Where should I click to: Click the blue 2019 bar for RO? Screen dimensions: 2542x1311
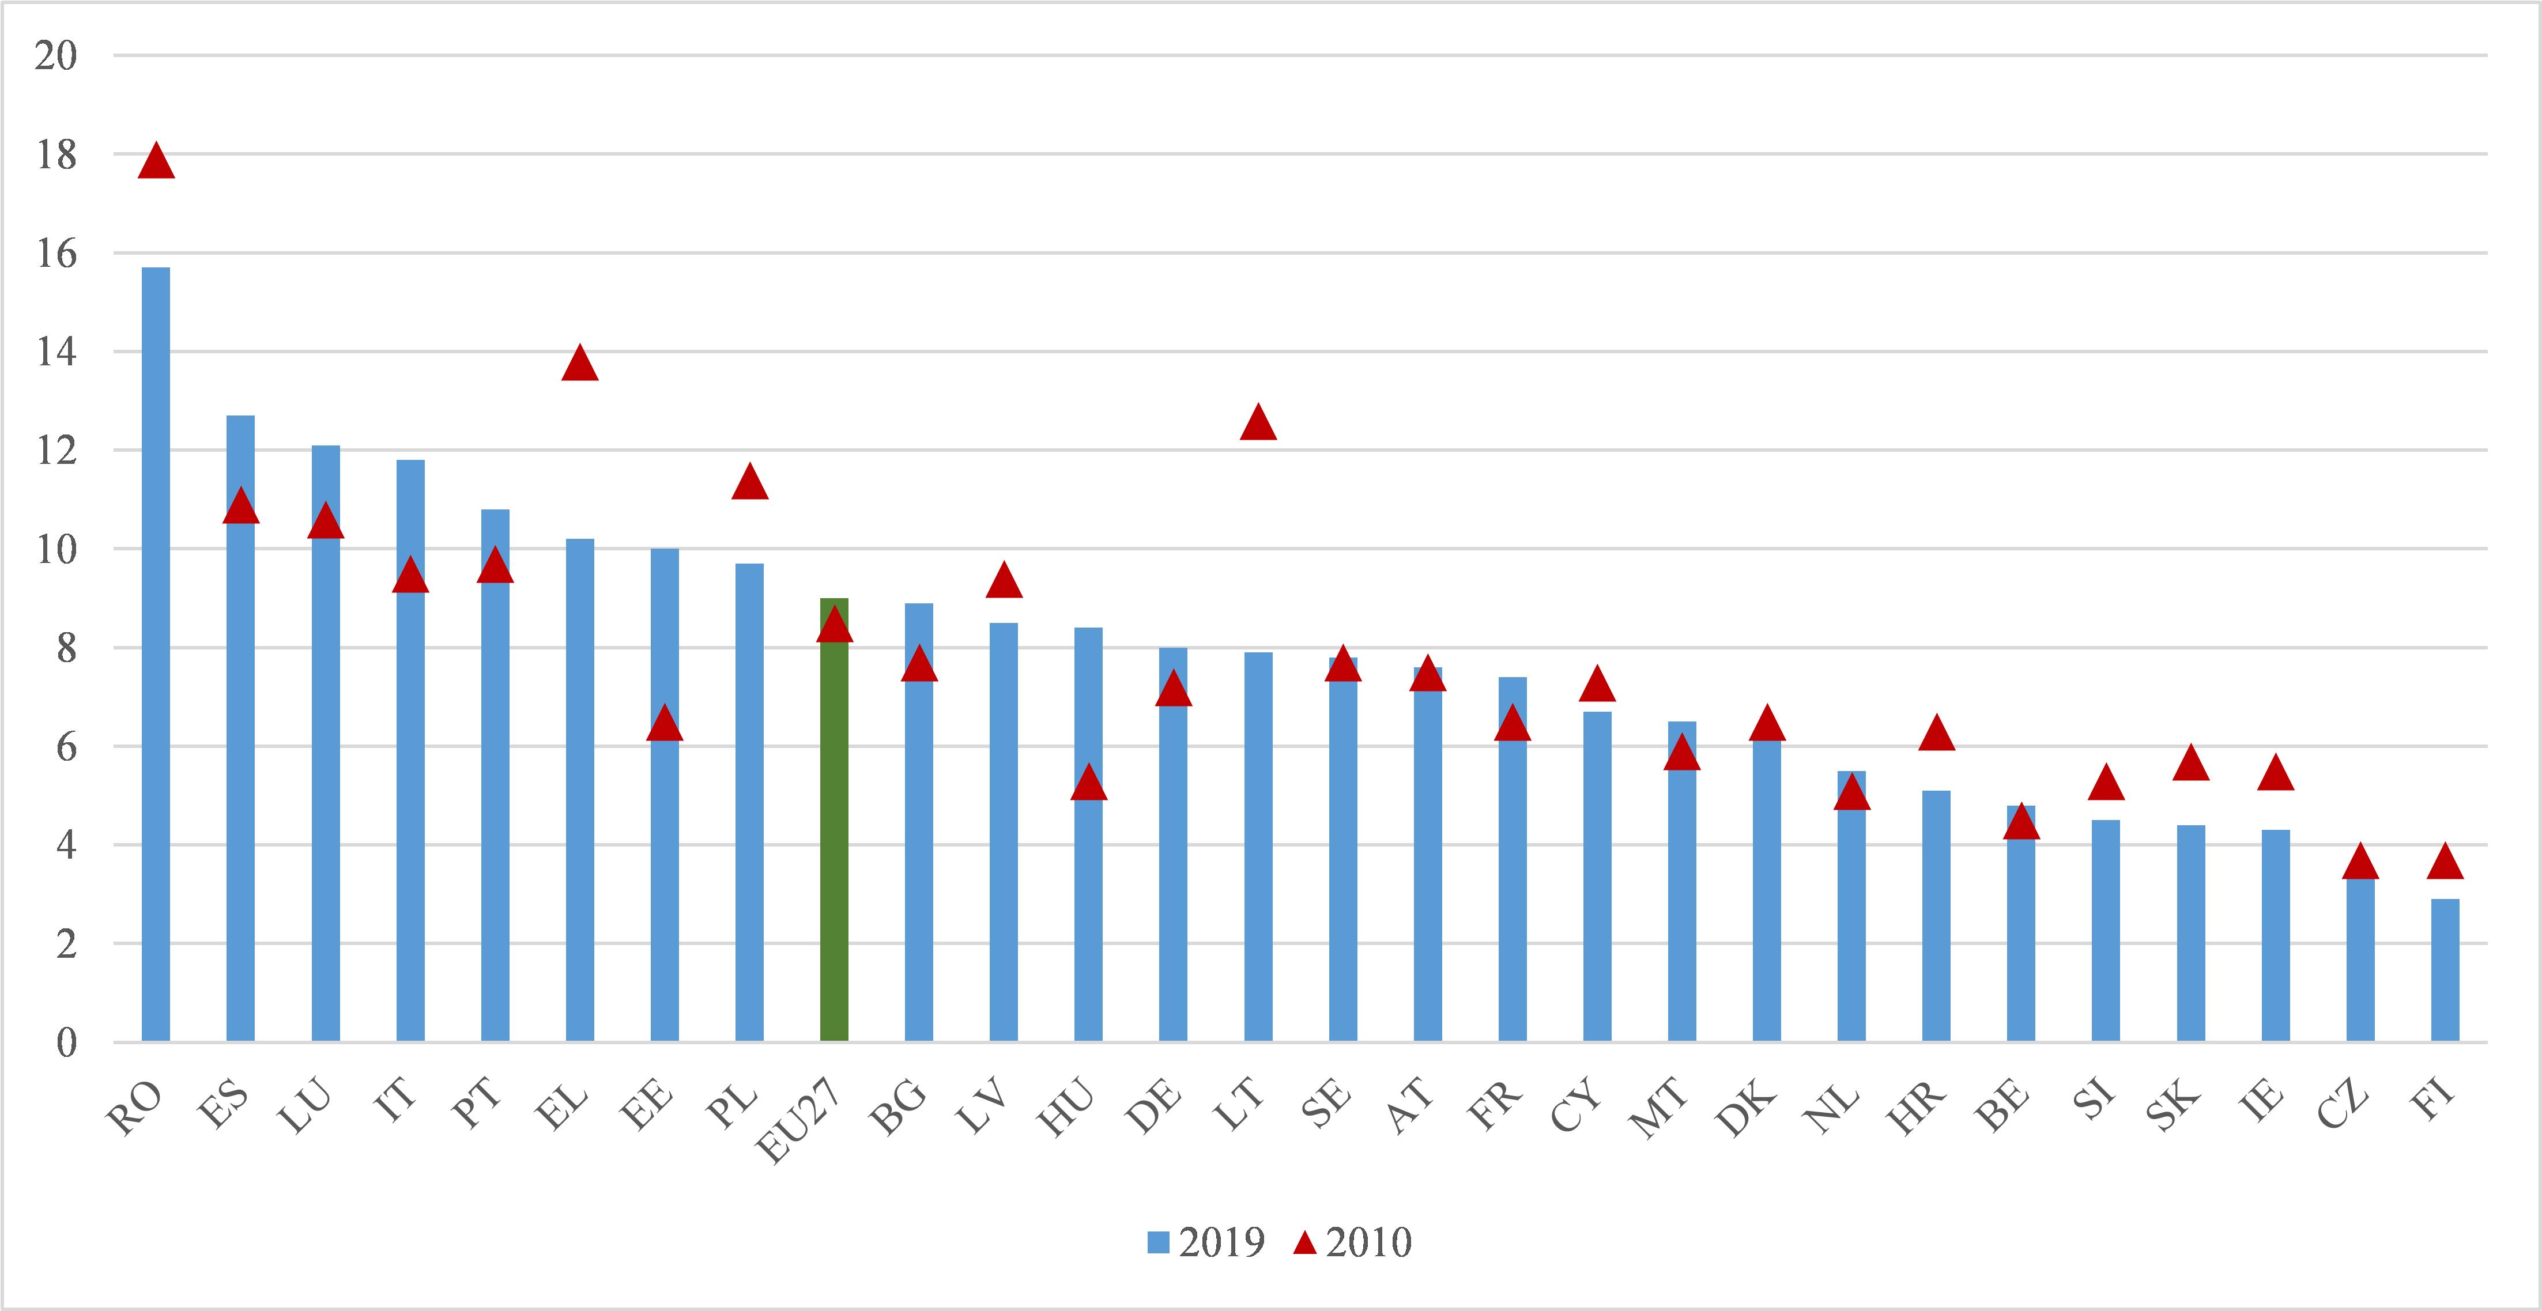point(156,654)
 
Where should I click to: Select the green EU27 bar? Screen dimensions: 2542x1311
point(834,820)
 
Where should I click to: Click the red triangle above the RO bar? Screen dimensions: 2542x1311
point(156,160)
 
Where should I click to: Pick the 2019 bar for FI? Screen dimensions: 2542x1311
point(2445,970)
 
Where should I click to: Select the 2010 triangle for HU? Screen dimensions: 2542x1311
point(1088,782)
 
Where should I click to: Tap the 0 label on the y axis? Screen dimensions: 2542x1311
point(66,1042)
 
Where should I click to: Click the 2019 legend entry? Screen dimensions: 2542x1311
point(1206,1243)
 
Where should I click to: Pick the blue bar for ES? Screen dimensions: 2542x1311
point(241,728)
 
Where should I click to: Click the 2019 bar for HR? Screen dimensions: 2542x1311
point(1936,916)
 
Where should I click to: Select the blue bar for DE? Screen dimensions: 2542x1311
point(1174,844)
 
